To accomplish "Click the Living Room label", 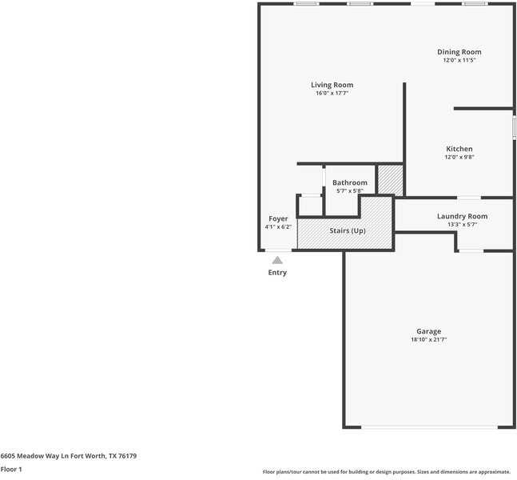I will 332,85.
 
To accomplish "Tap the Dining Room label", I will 459,52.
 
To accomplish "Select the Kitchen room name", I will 459,149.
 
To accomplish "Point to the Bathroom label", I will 350,182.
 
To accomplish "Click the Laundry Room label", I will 462,216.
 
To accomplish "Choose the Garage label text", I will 428,331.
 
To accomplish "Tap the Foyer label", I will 278,218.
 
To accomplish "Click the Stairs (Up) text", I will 348,231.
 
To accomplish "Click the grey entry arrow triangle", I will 277,260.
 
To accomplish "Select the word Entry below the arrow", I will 277,273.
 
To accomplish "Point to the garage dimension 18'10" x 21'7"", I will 428,340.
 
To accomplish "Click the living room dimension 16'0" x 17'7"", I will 332,94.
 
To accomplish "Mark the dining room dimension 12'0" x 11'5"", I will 459,61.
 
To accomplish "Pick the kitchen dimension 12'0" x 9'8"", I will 459,158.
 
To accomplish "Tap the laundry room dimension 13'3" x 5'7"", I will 462,225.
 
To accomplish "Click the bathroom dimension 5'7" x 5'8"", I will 349,191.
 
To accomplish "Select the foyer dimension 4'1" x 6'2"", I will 278,227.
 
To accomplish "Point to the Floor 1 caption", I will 11,470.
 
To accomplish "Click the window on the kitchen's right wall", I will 514,128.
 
